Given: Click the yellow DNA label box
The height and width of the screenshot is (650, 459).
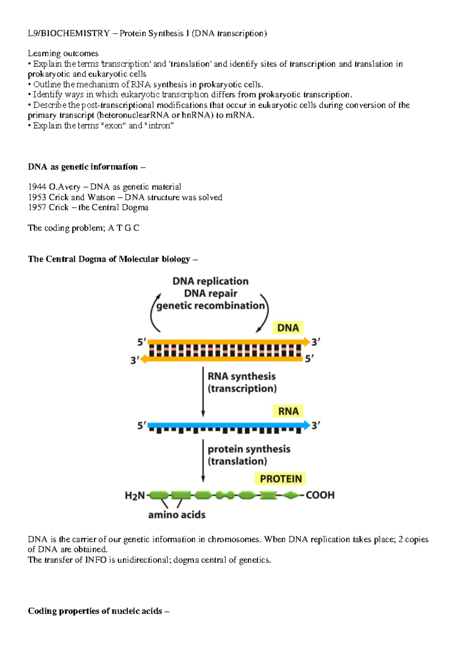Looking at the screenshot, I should (288, 328).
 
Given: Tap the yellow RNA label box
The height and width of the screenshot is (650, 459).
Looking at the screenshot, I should (288, 412).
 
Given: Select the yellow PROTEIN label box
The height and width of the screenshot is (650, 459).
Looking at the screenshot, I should (281, 479).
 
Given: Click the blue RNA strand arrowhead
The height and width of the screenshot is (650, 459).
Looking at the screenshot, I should (306, 425).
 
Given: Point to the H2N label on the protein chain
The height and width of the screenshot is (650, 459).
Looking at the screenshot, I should (135, 496).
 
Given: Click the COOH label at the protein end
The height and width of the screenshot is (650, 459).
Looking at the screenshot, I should (320, 495).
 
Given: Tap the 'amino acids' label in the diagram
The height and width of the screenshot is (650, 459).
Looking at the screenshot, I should (177, 515).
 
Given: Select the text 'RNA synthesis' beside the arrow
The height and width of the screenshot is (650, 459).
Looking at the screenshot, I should (241, 377).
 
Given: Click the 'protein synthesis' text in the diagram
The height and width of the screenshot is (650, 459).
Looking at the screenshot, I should (249, 449).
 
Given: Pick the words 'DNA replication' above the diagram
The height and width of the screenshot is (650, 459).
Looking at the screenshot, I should (210, 281).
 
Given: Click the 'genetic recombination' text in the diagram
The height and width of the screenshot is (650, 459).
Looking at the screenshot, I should (210, 306).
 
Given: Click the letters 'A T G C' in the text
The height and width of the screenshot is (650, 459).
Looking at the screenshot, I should (124, 228).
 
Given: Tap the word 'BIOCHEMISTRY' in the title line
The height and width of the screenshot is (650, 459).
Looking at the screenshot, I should (75, 34).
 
